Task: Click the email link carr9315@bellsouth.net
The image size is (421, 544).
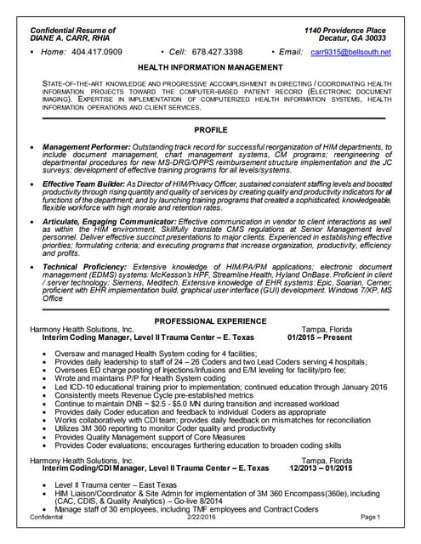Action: click(350, 52)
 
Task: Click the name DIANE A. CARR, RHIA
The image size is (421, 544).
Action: click(72, 39)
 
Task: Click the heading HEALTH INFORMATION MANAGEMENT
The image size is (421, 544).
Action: click(211, 66)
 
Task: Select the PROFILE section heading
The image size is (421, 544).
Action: click(211, 130)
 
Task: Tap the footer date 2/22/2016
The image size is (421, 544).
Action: click(202, 517)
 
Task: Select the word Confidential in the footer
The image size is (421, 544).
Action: click(46, 517)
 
